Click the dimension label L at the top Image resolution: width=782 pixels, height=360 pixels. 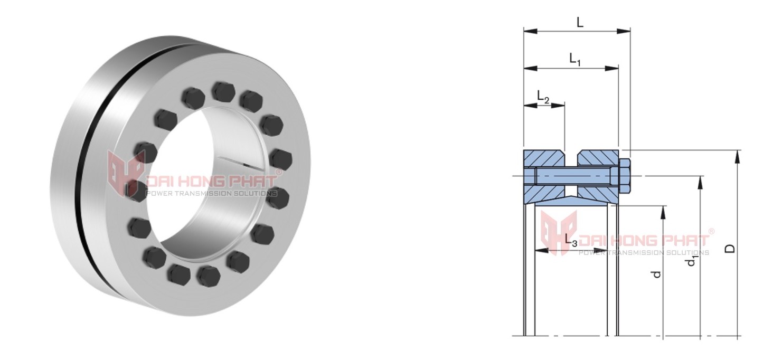point(580,23)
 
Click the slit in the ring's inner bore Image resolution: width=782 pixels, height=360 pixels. point(241,164)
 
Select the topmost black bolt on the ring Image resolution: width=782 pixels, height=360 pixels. point(223,90)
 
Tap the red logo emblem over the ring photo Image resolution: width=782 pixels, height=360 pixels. point(126,174)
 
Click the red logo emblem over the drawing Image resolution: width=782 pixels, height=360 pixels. point(559,232)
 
